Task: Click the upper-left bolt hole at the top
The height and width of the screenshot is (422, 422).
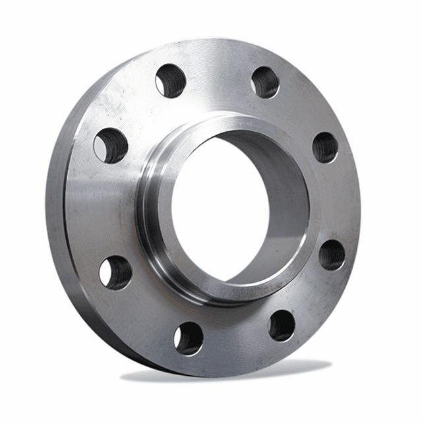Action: [171, 80]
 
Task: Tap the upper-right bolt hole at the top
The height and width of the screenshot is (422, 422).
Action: [265, 82]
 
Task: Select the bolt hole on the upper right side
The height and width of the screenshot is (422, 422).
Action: [325, 146]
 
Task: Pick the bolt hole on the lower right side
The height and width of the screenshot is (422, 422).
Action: [332, 255]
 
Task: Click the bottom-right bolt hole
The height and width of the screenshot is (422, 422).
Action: [282, 325]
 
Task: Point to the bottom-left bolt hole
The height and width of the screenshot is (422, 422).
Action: [189, 338]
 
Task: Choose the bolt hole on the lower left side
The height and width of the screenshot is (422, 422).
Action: [115, 272]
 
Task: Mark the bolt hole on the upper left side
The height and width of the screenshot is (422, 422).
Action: [111, 145]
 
